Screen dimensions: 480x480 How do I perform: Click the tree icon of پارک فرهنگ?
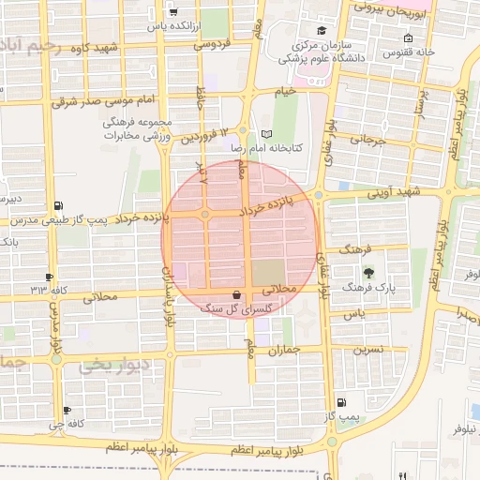[367, 273]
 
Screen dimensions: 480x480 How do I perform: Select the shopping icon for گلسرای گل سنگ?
[235, 293]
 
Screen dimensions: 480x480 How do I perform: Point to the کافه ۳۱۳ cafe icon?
[49, 277]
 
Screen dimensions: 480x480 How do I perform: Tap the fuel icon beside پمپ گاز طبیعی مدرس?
[61, 205]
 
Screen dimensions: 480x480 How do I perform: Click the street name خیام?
[285, 91]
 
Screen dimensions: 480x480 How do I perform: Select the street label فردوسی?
[211, 43]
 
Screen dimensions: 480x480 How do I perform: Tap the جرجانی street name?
[368, 140]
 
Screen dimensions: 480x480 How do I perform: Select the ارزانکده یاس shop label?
[174, 27]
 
